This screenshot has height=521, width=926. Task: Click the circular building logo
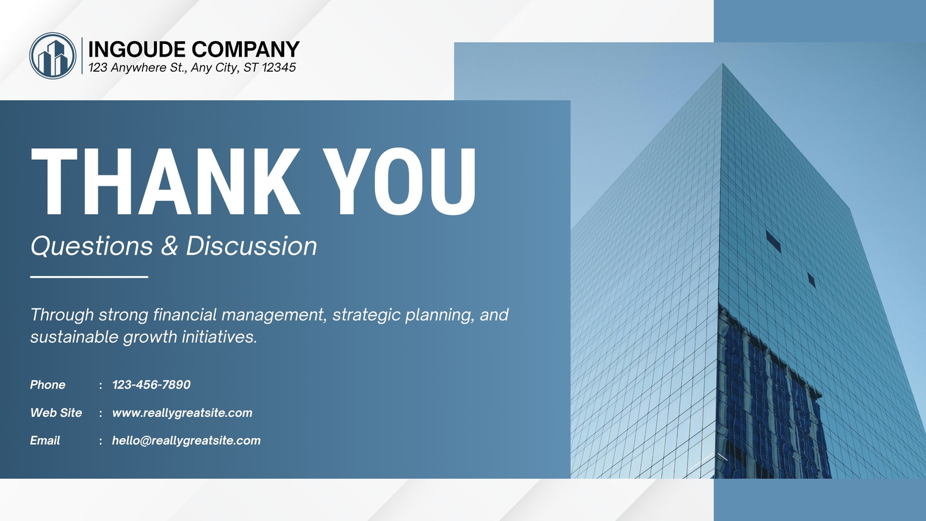point(53,56)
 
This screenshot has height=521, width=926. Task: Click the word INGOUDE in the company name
point(137,49)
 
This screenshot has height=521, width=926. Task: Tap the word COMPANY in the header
point(245,49)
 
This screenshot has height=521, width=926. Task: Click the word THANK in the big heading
point(166,182)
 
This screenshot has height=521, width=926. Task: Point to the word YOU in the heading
point(400,182)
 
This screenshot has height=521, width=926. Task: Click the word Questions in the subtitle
point(92,246)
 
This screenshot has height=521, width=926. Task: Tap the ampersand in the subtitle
point(170,246)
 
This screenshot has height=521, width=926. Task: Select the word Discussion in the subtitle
point(251,246)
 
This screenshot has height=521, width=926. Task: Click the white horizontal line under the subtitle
point(89,277)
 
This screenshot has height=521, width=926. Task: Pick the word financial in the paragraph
point(185,315)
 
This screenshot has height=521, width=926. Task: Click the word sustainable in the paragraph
point(75,336)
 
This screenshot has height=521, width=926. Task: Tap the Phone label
point(47,384)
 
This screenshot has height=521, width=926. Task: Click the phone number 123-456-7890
point(151,384)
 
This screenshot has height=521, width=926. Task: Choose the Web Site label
point(56,413)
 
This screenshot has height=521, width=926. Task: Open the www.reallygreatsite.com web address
point(182,413)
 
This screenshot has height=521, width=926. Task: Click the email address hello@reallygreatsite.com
point(186,441)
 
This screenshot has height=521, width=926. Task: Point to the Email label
point(45,441)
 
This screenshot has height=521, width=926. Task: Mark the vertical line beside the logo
point(82,56)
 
